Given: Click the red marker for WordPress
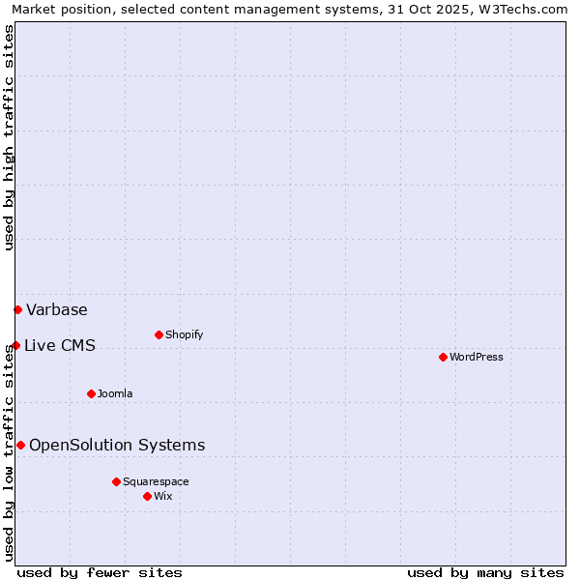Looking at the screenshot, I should click(x=443, y=357).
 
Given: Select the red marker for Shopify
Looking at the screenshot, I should click(x=159, y=334).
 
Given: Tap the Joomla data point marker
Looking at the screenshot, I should click(x=91, y=393).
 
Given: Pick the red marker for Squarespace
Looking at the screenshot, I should click(x=116, y=481).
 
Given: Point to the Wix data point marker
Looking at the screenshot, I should click(x=147, y=496).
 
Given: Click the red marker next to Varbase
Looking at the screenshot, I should click(x=17, y=309).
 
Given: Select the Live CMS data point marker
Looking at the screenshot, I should click(x=15, y=345).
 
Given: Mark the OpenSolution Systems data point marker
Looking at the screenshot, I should click(x=20, y=445).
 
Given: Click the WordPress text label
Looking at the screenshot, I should click(x=477, y=357).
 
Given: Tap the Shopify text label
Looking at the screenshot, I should click(x=184, y=334).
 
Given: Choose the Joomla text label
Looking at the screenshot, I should click(x=115, y=393).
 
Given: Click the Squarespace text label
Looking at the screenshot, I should click(x=156, y=481).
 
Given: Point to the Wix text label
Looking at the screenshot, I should click(x=163, y=496).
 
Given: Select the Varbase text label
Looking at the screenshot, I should click(x=57, y=309).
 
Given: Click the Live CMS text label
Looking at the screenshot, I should click(x=60, y=345).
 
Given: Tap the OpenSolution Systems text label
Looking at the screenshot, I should click(x=117, y=445).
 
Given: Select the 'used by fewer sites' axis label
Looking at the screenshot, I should click(x=100, y=572).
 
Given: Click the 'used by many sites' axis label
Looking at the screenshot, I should click(x=485, y=572).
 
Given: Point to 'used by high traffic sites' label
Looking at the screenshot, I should click(x=9, y=137).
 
